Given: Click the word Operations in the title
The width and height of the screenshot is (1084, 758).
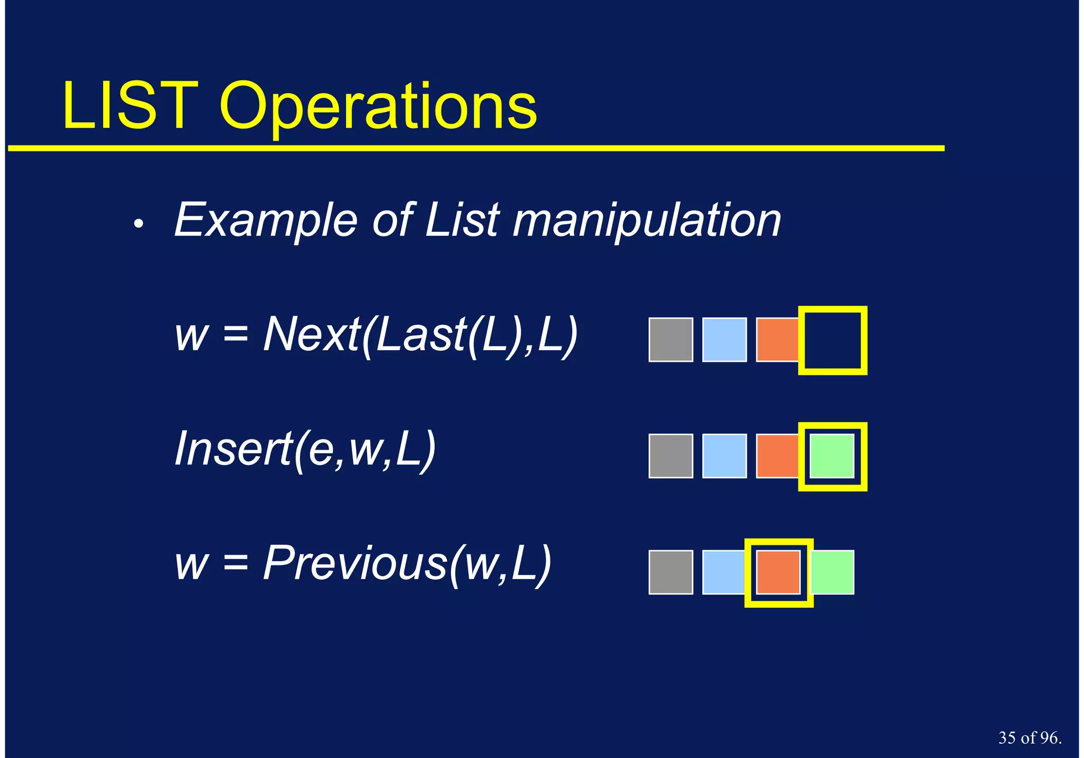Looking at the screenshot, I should [378, 108].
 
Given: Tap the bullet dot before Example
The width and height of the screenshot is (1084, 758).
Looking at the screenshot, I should [139, 224].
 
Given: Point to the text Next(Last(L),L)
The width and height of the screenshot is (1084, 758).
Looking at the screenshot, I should [420, 335].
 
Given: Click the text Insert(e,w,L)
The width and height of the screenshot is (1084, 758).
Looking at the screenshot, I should [305, 450].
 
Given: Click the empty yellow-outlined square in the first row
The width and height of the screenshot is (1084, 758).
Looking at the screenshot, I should [833, 340].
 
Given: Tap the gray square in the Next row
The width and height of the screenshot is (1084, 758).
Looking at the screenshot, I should [671, 340].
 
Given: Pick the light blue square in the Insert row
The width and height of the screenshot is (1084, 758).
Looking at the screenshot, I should [724, 456].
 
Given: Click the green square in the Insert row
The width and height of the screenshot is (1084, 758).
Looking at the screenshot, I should [832, 456].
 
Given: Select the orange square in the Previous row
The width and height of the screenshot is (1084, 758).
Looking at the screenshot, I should [778, 572].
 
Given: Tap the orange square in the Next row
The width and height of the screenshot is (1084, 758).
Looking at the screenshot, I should [776, 340].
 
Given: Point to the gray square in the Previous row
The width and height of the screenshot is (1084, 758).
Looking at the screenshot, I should [671, 572].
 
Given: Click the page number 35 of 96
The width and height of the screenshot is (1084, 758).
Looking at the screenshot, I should [1029, 738].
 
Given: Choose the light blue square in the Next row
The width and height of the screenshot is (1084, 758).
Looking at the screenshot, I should [724, 340].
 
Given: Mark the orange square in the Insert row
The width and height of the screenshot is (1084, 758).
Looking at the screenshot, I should [776, 456].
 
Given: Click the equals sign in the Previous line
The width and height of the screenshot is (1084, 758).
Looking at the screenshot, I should [236, 563].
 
